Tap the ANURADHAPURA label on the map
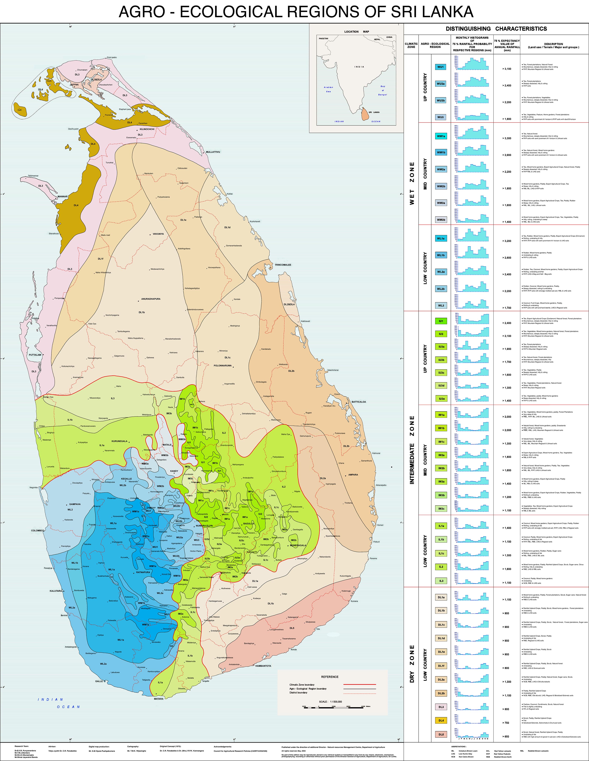151,299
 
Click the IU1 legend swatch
441,321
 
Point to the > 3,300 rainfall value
507,138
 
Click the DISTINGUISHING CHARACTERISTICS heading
496,29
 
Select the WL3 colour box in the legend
441,306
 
